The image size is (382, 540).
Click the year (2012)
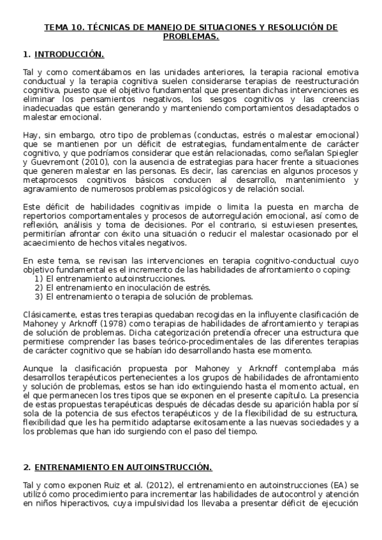point(145,485)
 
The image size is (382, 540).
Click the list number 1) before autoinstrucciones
point(39,279)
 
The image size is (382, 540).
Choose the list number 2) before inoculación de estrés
point(39,288)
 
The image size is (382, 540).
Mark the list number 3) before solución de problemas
point(39,297)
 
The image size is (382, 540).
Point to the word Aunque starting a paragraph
point(36,368)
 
